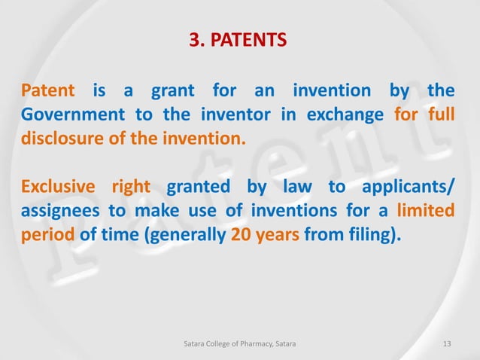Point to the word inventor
coord(231,115)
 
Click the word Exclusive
coord(58,187)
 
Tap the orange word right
coord(131,187)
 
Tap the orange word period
coord(47,234)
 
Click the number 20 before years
coord(242,234)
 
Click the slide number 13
coord(448,344)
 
